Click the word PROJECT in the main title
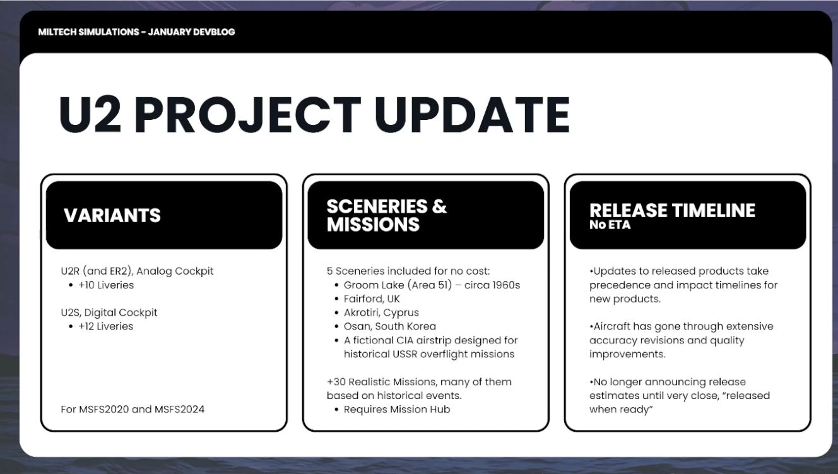[247, 114]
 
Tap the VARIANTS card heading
[112, 215]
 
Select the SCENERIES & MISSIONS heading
[387, 215]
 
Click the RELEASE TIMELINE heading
[672, 210]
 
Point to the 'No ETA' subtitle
[610, 225]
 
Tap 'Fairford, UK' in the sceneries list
[372, 299]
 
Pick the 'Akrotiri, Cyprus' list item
[381, 312]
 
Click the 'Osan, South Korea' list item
[390, 326]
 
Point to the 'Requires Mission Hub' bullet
[397, 409]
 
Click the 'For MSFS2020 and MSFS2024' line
[133, 409]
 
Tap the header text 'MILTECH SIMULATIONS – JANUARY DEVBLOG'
[136, 32]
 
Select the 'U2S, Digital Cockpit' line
[109, 312]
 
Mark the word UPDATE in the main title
[472, 114]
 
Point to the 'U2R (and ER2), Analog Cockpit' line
[137, 271]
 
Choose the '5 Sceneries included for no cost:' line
[408, 271]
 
